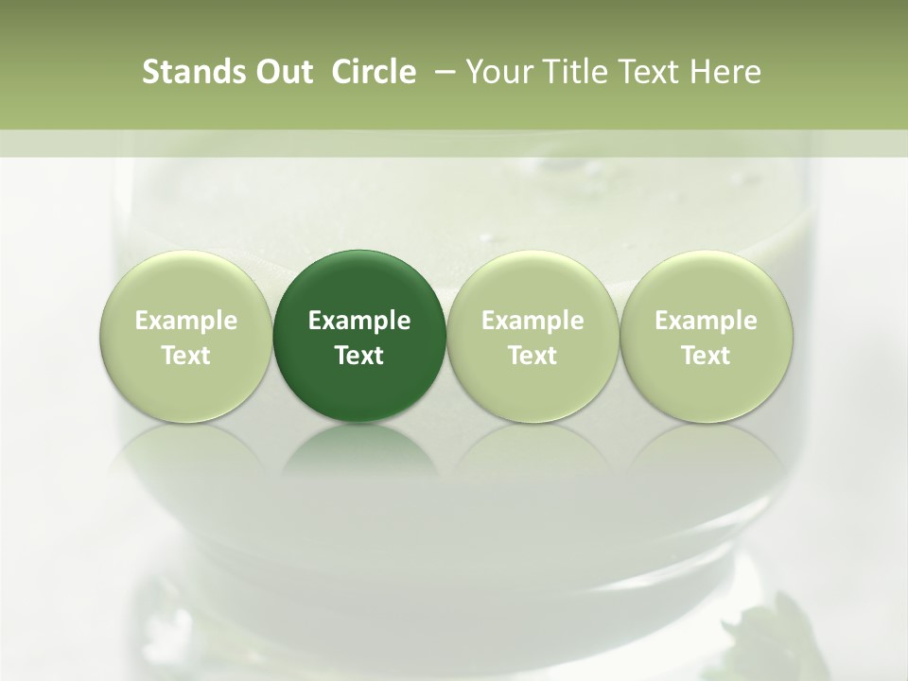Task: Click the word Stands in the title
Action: point(183,72)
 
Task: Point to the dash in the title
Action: point(442,72)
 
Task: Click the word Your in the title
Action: point(493,72)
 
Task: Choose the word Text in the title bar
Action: point(637,72)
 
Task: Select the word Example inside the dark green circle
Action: point(359,321)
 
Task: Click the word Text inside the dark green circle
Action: point(359,356)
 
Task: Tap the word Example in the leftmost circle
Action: point(186,321)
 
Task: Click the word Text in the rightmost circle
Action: point(706,356)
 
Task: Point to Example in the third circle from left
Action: point(533,321)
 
